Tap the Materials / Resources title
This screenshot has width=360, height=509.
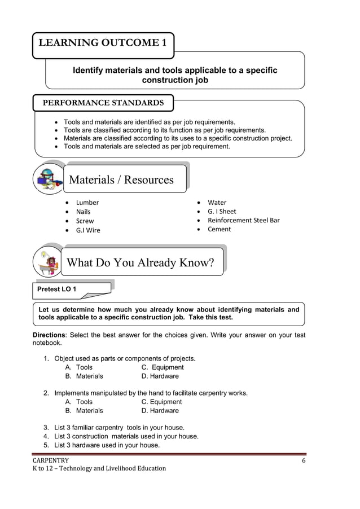[x=121, y=180]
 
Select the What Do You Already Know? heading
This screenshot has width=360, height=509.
[x=141, y=262]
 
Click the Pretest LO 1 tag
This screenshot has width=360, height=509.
[x=57, y=289]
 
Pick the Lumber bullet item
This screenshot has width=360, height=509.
[x=87, y=203]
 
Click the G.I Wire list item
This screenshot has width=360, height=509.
[x=88, y=230]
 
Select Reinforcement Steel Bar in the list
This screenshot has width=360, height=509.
[x=243, y=220]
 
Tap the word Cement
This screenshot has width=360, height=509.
[x=219, y=229]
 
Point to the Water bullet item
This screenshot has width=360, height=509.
[x=217, y=203]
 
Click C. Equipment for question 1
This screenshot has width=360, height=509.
[x=163, y=367]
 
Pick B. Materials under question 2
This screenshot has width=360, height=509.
[x=84, y=411]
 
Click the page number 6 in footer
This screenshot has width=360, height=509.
[x=304, y=460]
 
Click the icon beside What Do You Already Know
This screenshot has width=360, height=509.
[x=48, y=262]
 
